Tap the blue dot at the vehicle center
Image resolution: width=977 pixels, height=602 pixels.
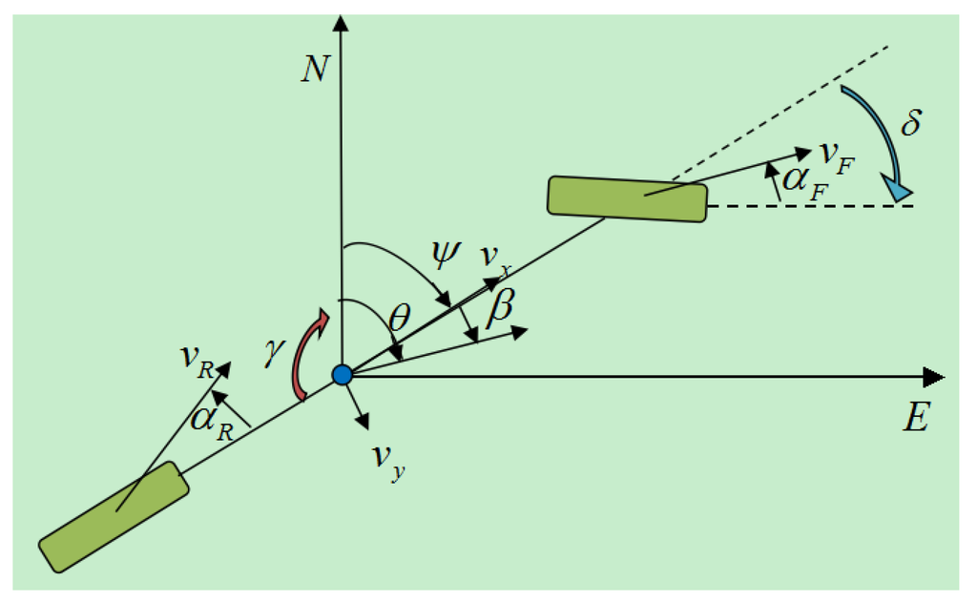343,375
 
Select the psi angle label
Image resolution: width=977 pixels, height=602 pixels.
445,253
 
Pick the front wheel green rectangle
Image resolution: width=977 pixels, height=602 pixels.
627,198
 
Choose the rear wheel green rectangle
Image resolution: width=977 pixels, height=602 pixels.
114,516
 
